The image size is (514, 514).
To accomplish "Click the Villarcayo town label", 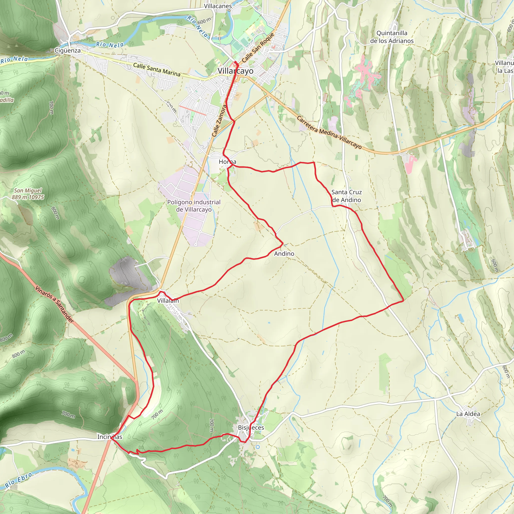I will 235,71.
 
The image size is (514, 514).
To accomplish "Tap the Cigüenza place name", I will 68,50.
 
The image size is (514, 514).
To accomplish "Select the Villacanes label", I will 218,6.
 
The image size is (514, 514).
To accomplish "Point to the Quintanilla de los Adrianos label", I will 392,37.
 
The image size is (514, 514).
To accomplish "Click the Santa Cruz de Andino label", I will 346,196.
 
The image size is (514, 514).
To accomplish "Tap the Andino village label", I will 284,254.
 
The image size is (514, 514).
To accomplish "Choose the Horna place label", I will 227,162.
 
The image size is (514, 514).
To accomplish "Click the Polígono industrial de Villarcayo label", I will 194,206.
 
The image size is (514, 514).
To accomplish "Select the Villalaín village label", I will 168,301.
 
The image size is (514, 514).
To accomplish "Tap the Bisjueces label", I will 251,427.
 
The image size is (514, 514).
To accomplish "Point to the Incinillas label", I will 110,437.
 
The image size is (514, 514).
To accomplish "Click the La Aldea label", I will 468,414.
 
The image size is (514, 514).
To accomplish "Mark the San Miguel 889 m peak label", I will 28,194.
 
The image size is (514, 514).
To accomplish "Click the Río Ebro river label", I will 19,480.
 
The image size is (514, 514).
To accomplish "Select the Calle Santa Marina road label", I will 157,70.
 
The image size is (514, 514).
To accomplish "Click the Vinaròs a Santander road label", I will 54,305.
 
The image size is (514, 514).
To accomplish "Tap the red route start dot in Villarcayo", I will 235,62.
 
